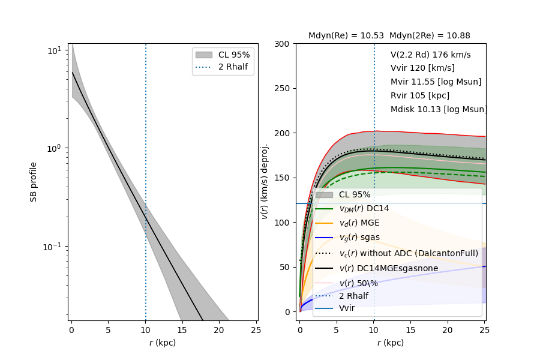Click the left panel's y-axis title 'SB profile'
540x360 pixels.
pyautogui.click(x=34, y=181)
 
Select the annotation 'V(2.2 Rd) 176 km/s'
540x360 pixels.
pyautogui.click(x=430, y=55)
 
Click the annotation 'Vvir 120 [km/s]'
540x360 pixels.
pyautogui.click(x=422, y=68)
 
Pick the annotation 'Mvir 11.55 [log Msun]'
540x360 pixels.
pyautogui.click(x=436, y=82)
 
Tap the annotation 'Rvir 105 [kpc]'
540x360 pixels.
pyautogui.click(x=419, y=95)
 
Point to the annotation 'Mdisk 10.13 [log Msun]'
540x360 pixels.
pyautogui.click(x=439, y=109)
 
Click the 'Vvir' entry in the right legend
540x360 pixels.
pyautogui.click(x=347, y=308)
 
